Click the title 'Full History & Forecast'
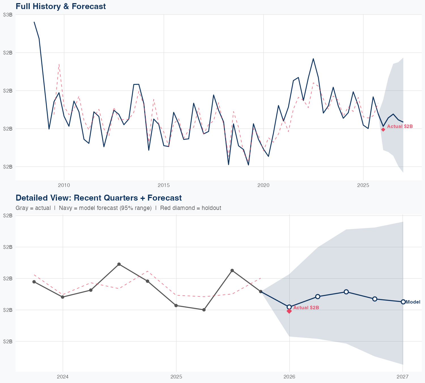61,6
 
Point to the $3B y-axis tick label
8,15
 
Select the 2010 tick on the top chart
64,185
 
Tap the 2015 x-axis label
163,185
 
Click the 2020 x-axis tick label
263,185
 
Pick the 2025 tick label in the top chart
363,185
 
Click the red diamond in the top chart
383,129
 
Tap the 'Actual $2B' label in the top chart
400,126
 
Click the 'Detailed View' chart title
99,198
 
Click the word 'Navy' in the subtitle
65,208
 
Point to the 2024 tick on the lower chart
63,377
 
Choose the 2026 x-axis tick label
289,377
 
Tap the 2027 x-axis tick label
403,377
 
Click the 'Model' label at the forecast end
413,302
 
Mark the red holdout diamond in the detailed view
289,311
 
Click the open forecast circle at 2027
403,302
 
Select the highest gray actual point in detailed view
119,264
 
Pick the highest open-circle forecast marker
346,292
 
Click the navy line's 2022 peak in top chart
313,59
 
